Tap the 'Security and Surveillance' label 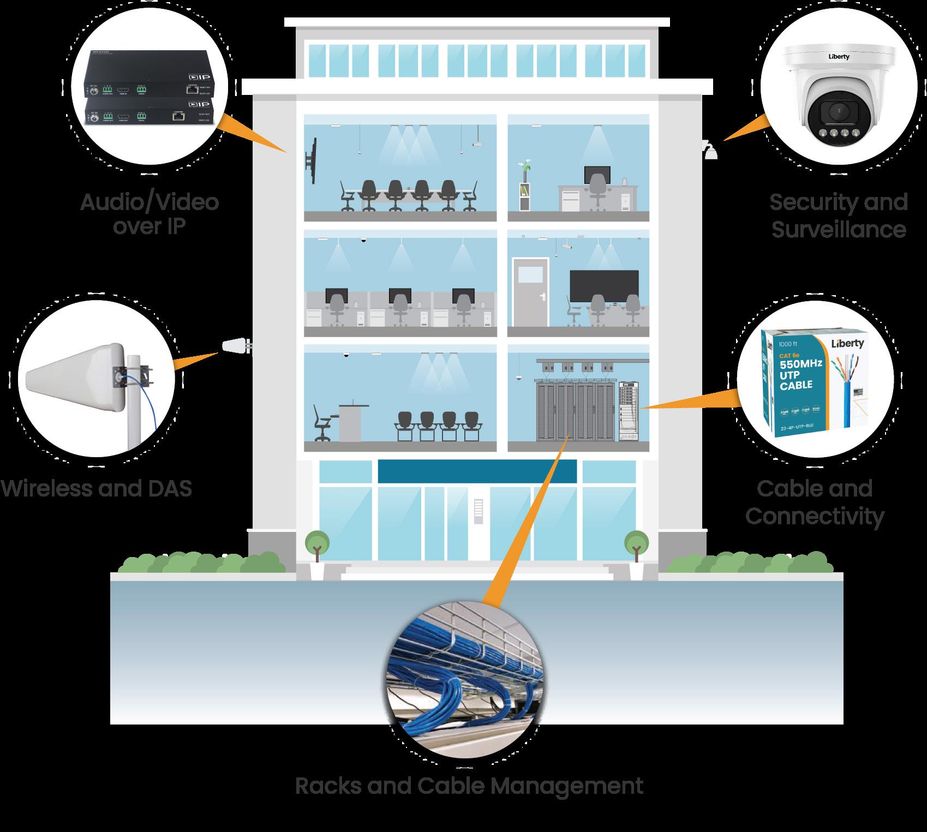click(839, 216)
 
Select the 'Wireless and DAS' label click(97, 488)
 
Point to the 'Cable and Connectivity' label click(814, 502)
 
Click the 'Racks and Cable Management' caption click(469, 786)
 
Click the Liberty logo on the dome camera click(839, 56)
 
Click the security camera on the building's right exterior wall click(709, 150)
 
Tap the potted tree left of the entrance click(316, 546)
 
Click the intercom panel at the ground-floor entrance click(479, 511)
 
